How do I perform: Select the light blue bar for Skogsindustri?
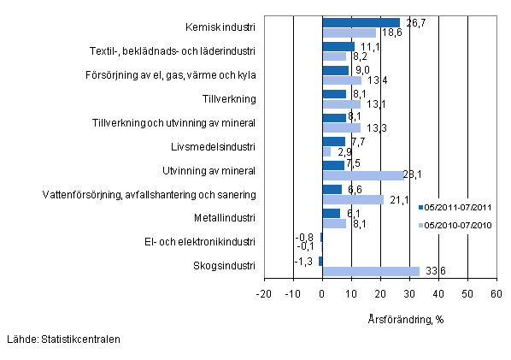[x=371, y=271]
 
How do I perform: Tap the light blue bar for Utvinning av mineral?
[x=363, y=175]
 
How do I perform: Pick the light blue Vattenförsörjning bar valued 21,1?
[x=353, y=199]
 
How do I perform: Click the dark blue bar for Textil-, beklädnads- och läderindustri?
[x=338, y=47]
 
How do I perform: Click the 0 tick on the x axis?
[x=322, y=295]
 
